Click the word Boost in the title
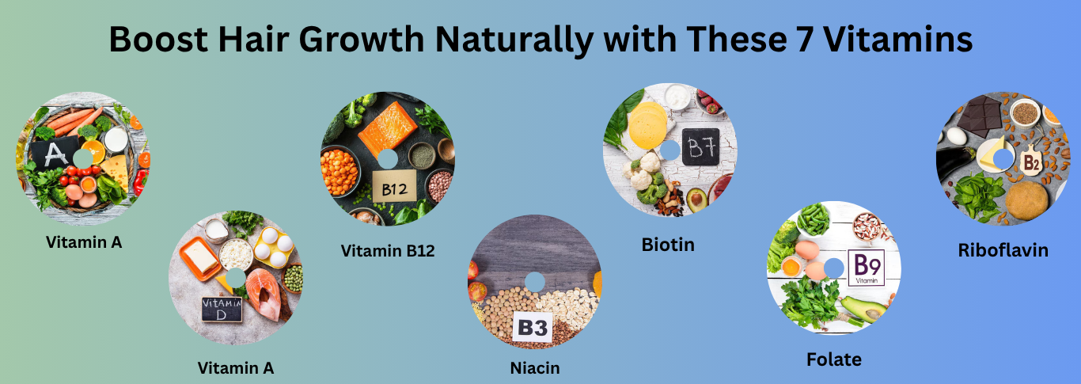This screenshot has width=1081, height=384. [158, 39]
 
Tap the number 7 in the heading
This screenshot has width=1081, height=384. [804, 39]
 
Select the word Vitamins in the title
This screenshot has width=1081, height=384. [897, 39]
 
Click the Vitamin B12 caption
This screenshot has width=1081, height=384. [388, 251]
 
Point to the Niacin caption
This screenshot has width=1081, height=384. [535, 368]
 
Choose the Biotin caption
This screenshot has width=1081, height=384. [668, 245]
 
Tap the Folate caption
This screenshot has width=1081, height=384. [834, 359]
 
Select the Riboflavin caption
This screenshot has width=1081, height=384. [1003, 250]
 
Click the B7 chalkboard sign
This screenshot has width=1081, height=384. [700, 146]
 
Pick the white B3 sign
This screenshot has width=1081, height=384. [533, 327]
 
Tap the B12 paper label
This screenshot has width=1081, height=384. [394, 187]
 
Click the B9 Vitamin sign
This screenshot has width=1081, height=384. [867, 268]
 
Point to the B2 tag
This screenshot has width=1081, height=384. [1031, 162]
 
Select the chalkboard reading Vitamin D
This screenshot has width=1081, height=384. [222, 309]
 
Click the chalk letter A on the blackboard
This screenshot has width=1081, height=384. [55, 154]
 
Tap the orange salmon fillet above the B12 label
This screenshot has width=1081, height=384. [387, 128]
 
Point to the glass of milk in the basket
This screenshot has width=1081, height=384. [116, 139]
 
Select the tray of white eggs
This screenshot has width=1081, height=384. [274, 247]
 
